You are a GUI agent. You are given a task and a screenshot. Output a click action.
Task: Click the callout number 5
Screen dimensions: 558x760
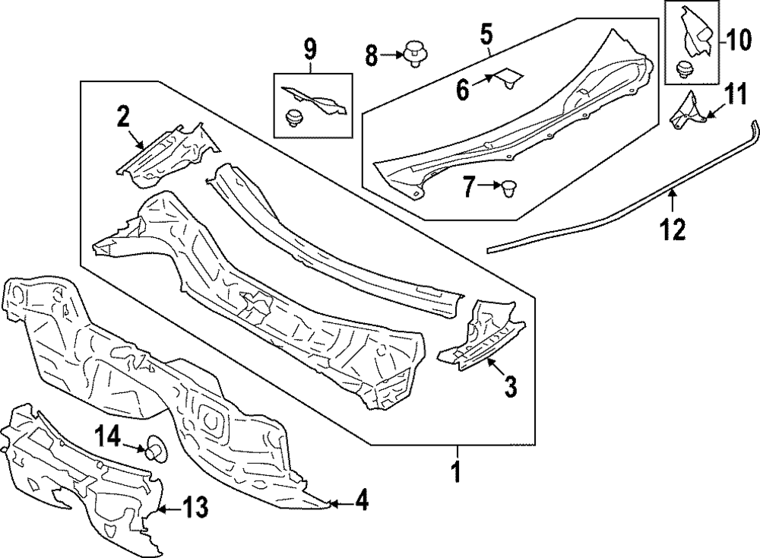(x=486, y=33)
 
